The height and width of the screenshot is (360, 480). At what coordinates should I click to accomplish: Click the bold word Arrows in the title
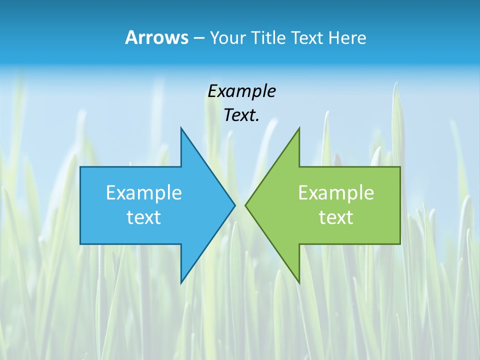click(x=156, y=38)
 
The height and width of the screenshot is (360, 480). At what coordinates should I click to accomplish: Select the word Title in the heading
click(x=268, y=38)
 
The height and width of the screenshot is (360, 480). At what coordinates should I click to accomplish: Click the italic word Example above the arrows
click(x=241, y=92)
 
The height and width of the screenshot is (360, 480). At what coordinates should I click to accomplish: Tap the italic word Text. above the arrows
click(x=241, y=115)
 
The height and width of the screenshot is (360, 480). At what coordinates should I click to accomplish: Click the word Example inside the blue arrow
click(x=144, y=192)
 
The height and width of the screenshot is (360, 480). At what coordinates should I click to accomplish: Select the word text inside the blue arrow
click(x=144, y=217)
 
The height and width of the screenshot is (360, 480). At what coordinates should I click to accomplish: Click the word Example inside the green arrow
click(x=336, y=192)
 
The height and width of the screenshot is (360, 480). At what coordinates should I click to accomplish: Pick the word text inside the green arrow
click(x=336, y=217)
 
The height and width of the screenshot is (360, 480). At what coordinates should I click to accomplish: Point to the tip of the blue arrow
click(x=235, y=205)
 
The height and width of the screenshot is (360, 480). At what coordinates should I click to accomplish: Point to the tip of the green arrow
click(x=245, y=205)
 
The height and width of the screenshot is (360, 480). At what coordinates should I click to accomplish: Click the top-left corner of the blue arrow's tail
click(x=80, y=167)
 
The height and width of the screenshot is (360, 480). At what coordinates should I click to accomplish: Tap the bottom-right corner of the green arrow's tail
click(x=400, y=243)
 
